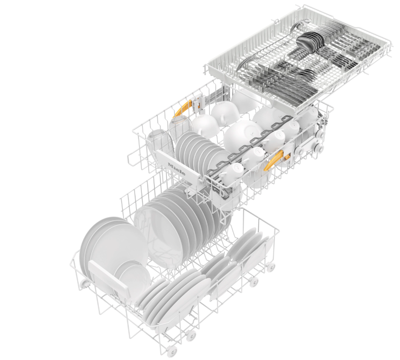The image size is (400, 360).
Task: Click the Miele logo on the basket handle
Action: click(x=176, y=168)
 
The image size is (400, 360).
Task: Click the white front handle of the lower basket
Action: click(x=110, y=277)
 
